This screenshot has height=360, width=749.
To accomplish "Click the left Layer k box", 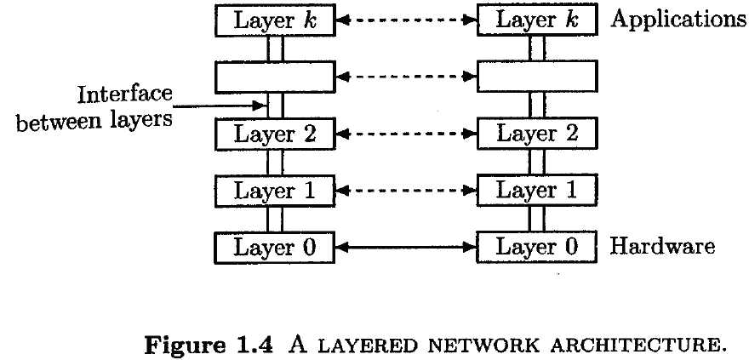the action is tap(275, 20).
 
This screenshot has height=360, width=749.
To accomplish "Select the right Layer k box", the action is tap(537, 20).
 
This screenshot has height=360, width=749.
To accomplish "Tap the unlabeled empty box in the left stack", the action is tap(275, 77).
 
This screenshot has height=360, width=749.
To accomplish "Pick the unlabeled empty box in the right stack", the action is tap(537, 76).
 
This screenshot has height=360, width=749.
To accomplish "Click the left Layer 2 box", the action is tap(275, 134).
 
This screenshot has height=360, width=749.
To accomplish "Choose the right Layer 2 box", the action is tap(537, 134).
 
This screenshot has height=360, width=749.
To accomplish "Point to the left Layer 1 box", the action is tap(275, 191).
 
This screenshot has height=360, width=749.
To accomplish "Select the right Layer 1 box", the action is tap(537, 191).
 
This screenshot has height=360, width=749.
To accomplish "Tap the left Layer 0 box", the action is tap(275, 248).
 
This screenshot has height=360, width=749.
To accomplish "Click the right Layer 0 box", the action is tap(537, 247).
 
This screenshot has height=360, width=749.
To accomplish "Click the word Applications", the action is tap(679, 20).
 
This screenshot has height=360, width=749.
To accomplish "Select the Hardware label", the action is tap(663, 246).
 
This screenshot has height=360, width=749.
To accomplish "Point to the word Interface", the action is tap(124, 94).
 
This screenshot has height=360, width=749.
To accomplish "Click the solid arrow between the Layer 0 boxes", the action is tap(407, 247).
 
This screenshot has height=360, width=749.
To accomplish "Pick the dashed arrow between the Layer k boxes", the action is tap(407, 20).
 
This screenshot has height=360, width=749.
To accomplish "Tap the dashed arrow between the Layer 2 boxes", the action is tap(407, 134).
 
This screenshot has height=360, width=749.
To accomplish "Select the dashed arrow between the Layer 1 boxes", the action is tap(407, 191).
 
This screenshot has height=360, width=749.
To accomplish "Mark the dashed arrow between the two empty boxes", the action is tap(407, 77).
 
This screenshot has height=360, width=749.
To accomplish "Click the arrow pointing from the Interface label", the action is tap(219, 106).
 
